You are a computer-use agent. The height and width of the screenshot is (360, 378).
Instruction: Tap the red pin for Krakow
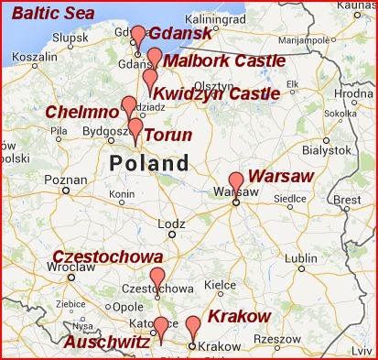pyautogui.click(x=192, y=327)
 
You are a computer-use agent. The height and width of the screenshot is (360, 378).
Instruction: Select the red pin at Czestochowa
pyautogui.click(x=157, y=278)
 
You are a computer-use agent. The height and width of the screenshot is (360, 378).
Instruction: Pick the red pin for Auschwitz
pyautogui.click(x=161, y=327)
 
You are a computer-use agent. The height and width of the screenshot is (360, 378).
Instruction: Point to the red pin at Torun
pyautogui.click(x=135, y=128)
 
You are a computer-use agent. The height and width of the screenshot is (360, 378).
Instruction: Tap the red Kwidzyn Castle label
pyautogui.click(x=216, y=93)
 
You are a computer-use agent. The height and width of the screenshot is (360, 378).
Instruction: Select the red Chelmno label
pyautogui.click(x=83, y=112)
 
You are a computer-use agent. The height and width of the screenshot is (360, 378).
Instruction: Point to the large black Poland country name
pyautogui.click(x=149, y=164)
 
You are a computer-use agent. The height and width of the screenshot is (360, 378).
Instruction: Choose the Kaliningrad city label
pyautogui.click(x=212, y=17)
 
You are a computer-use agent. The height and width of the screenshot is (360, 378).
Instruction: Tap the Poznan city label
pyautogui.click(x=64, y=180)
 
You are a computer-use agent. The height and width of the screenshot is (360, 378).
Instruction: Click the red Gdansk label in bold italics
pyautogui.click(x=179, y=34)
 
